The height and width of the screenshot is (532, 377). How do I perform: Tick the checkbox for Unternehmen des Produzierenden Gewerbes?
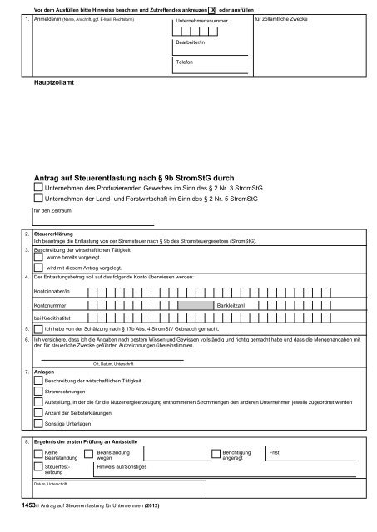point(38,190)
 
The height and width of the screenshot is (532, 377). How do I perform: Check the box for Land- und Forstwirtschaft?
point(38,200)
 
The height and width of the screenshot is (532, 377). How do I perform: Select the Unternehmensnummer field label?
point(201,19)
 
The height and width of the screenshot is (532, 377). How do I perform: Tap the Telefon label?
point(184,62)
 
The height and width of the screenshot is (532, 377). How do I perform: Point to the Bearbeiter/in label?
point(189,42)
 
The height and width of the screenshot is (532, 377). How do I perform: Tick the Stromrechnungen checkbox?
point(38,390)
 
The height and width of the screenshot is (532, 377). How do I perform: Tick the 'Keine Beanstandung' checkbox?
point(38,453)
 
